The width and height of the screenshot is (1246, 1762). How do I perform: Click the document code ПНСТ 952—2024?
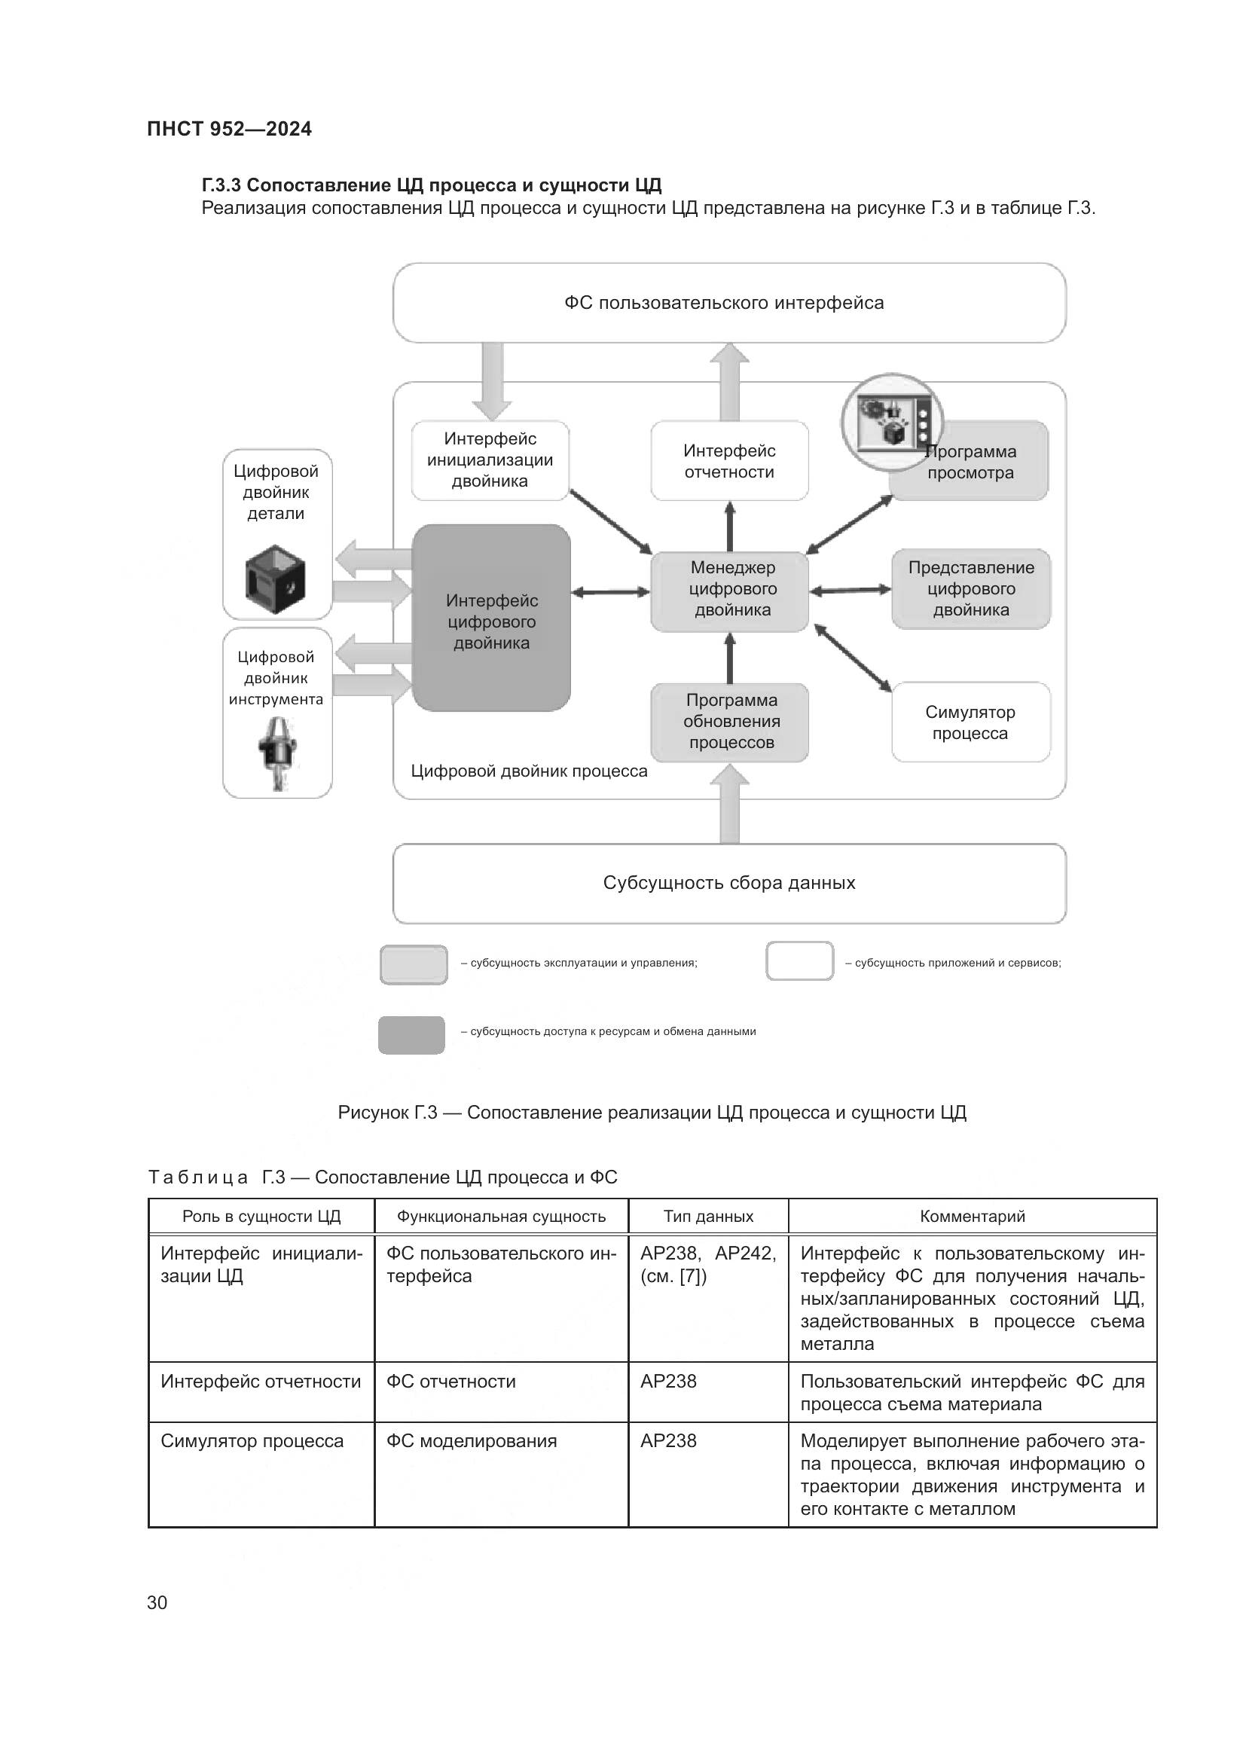point(229,129)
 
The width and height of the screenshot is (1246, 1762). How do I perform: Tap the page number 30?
point(157,1603)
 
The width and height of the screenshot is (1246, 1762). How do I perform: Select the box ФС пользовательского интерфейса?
point(728,303)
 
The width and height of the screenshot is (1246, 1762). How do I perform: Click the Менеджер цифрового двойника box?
point(730,590)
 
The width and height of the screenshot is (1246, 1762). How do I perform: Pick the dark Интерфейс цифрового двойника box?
point(491,618)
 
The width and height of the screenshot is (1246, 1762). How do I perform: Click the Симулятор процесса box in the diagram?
point(970,722)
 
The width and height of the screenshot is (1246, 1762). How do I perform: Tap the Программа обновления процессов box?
point(730,722)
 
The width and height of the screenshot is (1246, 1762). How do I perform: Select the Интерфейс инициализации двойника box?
point(490,460)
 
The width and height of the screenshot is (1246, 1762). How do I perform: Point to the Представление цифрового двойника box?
point(970,589)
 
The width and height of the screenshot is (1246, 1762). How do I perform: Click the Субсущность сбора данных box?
point(728,884)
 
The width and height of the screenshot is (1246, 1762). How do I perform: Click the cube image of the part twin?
point(275,575)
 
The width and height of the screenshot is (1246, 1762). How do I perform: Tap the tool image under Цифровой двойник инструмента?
point(278,753)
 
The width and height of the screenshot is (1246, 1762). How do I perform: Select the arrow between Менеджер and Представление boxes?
point(850,590)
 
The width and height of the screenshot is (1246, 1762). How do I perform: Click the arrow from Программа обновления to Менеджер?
point(730,658)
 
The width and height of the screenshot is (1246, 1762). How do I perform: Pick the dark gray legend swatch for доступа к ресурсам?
point(411,1034)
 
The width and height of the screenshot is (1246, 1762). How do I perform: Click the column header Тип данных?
point(707,1217)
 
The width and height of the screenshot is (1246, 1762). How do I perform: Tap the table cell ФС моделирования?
point(471,1441)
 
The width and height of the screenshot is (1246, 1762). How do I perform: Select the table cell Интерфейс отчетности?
point(260,1382)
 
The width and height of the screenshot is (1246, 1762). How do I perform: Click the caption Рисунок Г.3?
point(652,1113)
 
